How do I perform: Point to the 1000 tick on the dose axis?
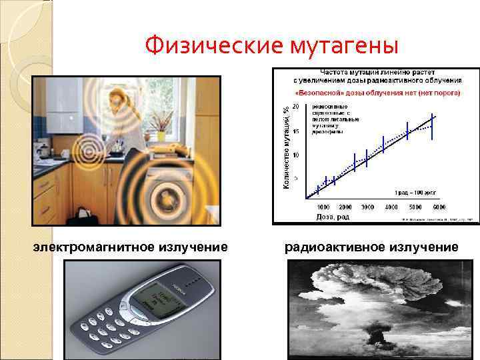pos(323,207)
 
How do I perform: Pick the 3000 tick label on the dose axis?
pos(367,207)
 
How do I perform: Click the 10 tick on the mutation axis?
pos(296,155)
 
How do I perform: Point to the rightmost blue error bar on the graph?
pos(433,127)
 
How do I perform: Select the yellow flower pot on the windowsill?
pos(161,136)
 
